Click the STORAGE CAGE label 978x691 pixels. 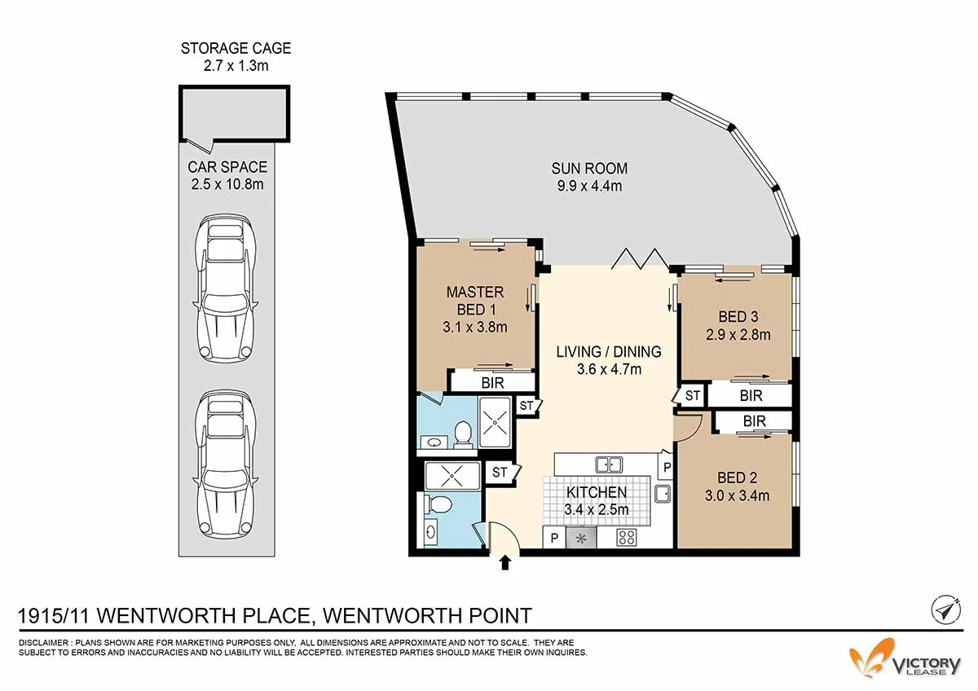click(x=236, y=48)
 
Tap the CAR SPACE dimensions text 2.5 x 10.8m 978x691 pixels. click(x=227, y=183)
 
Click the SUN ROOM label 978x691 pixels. click(x=589, y=169)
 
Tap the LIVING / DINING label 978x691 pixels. click(x=609, y=352)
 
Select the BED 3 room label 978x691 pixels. click(x=738, y=316)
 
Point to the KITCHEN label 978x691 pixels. click(x=597, y=492)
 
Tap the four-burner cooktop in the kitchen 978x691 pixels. click(x=627, y=537)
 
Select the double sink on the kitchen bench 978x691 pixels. click(x=608, y=464)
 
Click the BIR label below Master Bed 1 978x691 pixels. click(x=492, y=381)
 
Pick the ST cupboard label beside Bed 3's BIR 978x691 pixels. click(x=693, y=396)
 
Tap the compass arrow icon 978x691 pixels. click(x=944, y=610)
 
